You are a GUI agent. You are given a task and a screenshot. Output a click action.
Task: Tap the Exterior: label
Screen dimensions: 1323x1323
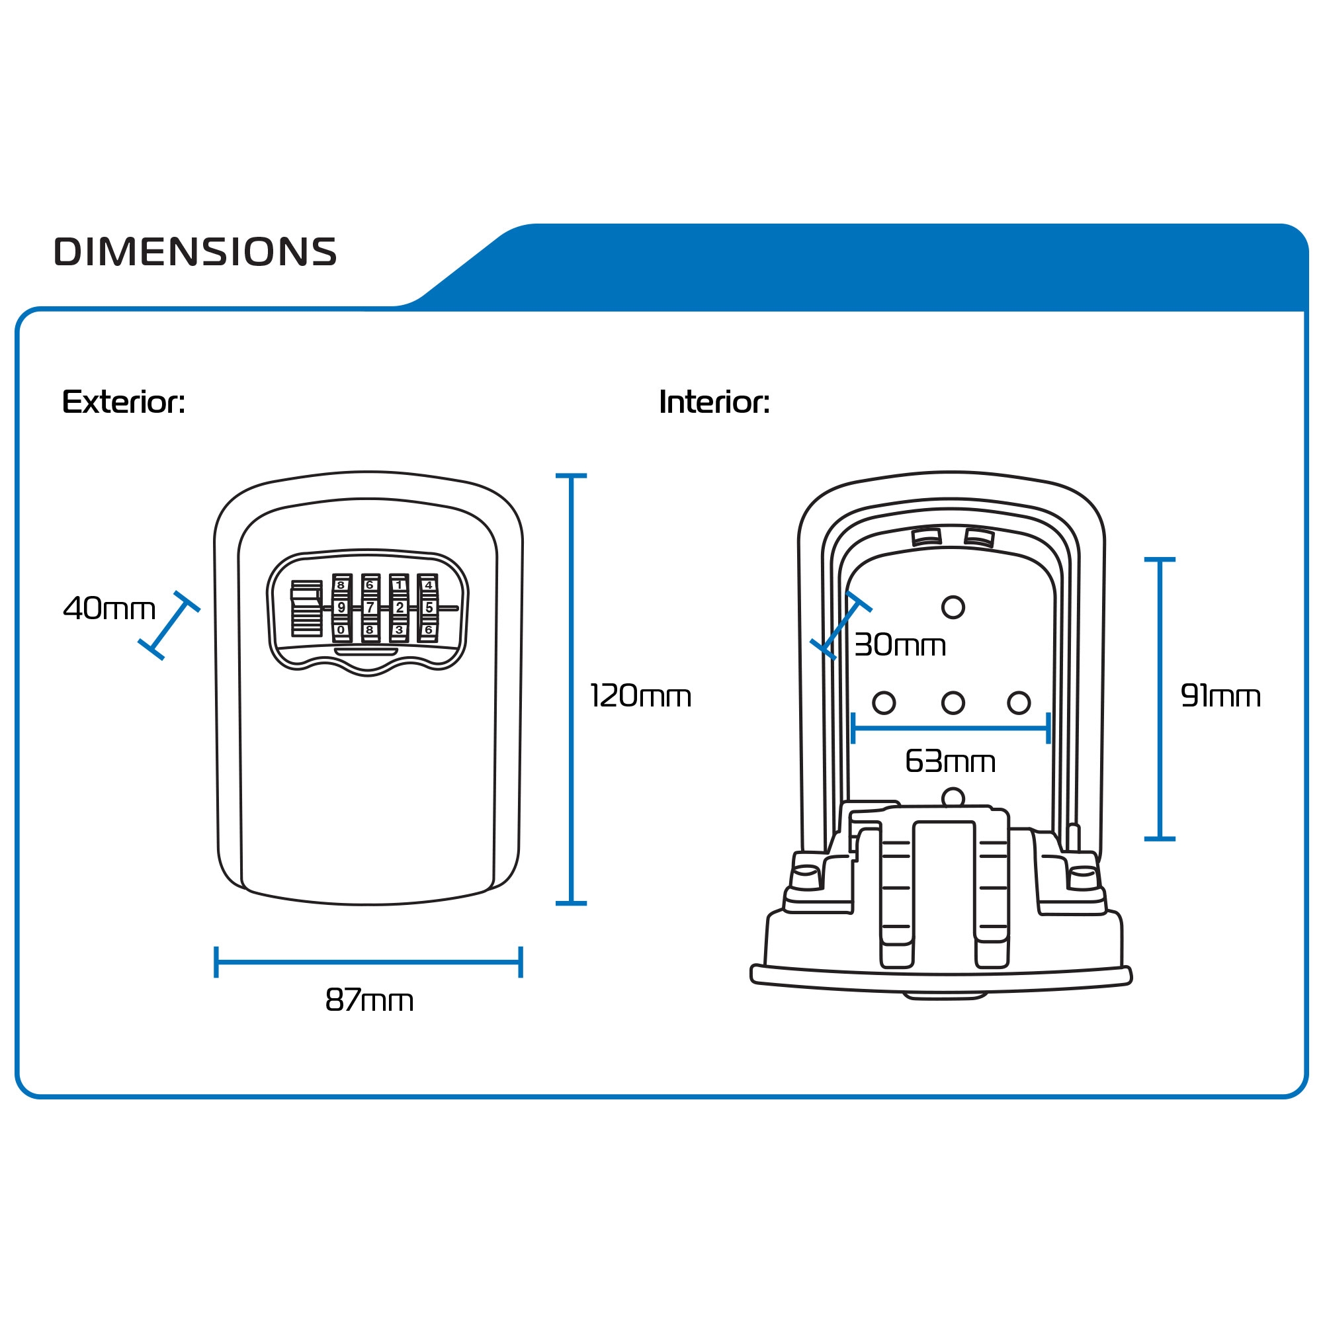[x=123, y=402]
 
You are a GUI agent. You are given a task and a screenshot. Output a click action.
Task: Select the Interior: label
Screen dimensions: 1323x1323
[x=714, y=402]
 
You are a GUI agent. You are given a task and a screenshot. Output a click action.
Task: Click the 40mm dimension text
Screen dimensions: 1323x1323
[x=110, y=608]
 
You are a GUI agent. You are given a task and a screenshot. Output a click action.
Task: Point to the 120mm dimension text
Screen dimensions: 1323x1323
[x=640, y=696]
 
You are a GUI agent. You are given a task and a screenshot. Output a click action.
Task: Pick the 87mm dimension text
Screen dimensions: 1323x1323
[x=369, y=1000]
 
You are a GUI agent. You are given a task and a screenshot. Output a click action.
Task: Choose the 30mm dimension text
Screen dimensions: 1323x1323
[x=900, y=644]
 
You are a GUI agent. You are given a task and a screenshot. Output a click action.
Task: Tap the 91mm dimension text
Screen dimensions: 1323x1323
[x=1220, y=696]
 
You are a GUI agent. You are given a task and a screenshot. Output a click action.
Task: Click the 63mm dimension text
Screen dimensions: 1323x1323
[x=950, y=761]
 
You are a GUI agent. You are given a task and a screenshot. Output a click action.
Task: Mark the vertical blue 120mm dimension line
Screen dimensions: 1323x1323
[x=571, y=689]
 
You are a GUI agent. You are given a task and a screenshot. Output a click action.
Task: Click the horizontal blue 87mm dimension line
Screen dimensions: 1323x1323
[x=368, y=962]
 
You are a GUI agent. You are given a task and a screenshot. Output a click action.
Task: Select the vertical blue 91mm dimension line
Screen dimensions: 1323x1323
[x=1160, y=699]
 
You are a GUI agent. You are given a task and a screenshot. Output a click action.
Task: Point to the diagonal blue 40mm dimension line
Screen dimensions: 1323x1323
[x=169, y=626]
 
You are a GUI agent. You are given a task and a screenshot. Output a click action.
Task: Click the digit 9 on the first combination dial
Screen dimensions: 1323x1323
[x=341, y=607]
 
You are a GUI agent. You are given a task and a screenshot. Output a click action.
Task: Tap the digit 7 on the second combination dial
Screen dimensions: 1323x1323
[x=370, y=607]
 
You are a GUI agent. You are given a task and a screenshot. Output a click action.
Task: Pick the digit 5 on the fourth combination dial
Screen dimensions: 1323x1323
[x=429, y=607]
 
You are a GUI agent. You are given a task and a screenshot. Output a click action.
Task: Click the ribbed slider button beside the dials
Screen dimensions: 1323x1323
[x=306, y=608]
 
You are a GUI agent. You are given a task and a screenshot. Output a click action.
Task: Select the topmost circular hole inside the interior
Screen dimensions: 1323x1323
[x=953, y=607]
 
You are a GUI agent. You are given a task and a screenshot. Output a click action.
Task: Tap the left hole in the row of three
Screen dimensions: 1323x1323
[x=883, y=703]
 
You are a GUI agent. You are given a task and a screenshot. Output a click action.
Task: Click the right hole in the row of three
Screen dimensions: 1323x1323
[x=1018, y=703]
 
